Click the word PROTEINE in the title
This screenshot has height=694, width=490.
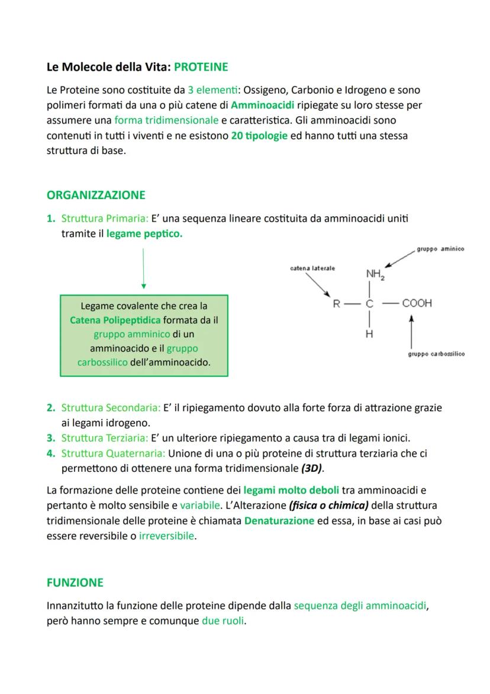[201, 67]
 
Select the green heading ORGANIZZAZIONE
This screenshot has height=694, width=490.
[95, 195]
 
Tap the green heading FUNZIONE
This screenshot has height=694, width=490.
[75, 583]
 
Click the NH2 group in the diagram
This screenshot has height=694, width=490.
[375, 275]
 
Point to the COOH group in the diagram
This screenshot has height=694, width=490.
[417, 303]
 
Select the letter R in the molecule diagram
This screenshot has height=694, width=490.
[336, 304]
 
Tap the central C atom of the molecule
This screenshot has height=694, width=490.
[370, 304]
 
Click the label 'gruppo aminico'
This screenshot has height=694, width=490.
[440, 249]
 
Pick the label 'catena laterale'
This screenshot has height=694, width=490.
[312, 268]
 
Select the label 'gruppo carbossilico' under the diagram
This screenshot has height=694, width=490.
[436, 354]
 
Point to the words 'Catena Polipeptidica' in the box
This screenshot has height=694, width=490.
[115, 320]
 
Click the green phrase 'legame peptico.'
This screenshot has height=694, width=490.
[144, 234]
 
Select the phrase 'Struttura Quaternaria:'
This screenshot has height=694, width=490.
[113, 453]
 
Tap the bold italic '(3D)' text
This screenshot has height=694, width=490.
[312, 468]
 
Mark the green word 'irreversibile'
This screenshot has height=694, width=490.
[166, 536]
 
